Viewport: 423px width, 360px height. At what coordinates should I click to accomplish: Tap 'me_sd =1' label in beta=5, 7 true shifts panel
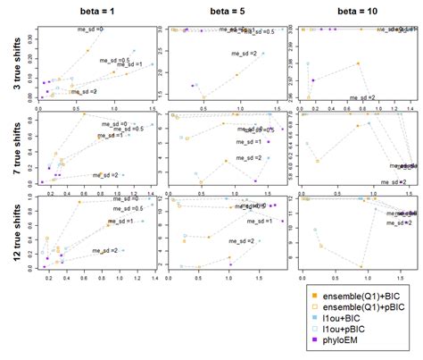coord(250,142)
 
